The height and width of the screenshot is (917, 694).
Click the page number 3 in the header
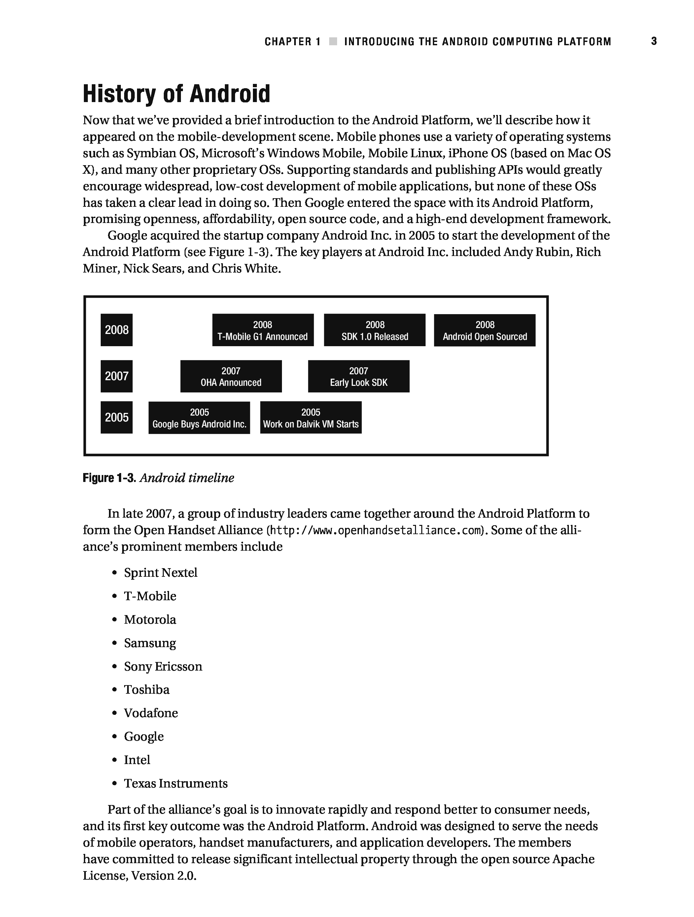[x=654, y=41]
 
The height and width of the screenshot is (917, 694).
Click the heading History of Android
[x=177, y=94]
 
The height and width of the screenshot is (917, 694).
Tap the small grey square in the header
[x=333, y=41]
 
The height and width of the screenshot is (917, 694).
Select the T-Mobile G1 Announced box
[x=263, y=330]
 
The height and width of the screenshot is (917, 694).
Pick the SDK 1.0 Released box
[x=374, y=330]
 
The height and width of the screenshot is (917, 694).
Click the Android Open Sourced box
[x=485, y=330]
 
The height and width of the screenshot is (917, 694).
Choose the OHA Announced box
[x=231, y=376]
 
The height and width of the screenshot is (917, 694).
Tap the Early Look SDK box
[x=359, y=376]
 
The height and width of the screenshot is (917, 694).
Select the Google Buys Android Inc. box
[x=199, y=418]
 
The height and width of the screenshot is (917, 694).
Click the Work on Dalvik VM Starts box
[x=311, y=418]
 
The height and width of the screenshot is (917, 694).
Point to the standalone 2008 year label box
[x=117, y=330]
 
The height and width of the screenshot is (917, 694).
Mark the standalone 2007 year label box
[x=117, y=376]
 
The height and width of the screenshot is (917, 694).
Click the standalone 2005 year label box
[x=117, y=418]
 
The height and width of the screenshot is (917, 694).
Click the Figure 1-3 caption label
[x=109, y=478]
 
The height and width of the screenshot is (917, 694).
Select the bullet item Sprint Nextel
[x=161, y=572]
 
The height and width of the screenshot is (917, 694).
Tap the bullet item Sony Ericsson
[x=163, y=666]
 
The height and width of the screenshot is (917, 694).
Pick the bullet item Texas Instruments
[x=176, y=783]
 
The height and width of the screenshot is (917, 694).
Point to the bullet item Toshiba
[x=147, y=689]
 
